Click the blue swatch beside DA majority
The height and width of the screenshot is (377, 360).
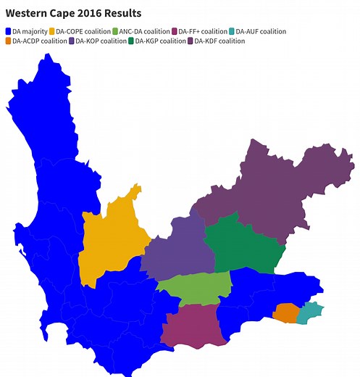click(x=8, y=32)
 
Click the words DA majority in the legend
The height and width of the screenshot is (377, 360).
click(x=29, y=32)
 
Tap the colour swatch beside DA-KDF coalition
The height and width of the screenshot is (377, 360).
click(x=191, y=41)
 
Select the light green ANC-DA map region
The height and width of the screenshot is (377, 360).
click(x=194, y=286)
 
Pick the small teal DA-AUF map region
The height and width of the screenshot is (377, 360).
click(x=311, y=312)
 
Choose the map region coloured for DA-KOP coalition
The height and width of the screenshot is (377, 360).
click(x=177, y=250)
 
